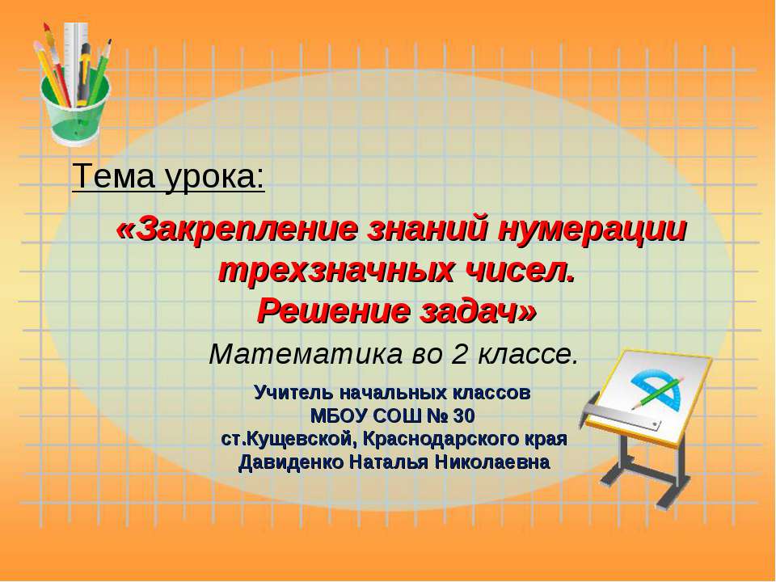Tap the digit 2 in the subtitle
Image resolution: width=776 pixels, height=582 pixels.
point(449,354)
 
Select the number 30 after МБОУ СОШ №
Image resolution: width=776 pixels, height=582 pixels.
point(461,417)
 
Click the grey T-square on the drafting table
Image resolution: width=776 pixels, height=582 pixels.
point(622,416)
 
